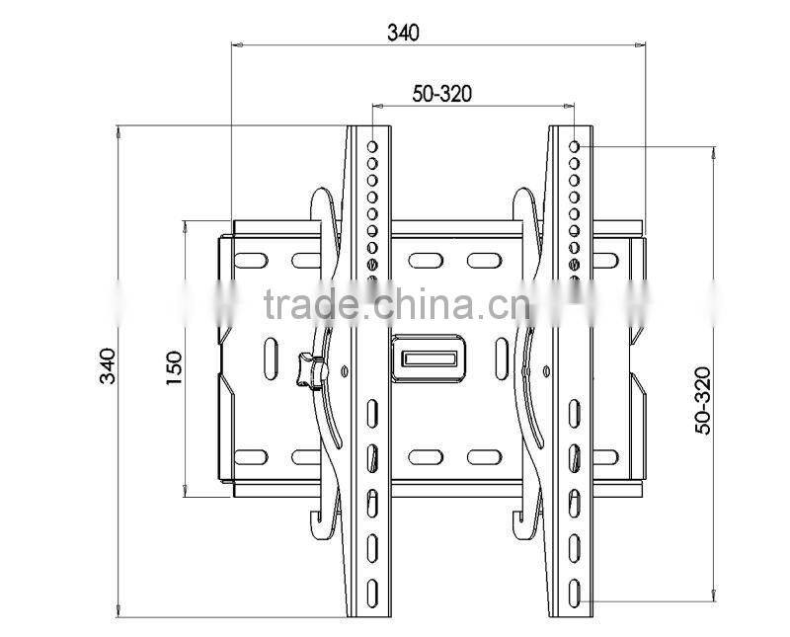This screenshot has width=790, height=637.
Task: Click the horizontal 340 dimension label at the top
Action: [x=403, y=33]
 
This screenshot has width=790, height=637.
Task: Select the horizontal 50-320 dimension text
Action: [x=441, y=94]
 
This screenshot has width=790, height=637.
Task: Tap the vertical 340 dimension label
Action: [x=110, y=366]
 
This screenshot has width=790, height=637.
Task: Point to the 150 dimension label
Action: [x=175, y=366]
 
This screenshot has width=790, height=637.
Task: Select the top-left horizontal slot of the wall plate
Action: [x=251, y=261]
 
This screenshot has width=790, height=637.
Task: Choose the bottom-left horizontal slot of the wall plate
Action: [x=251, y=456]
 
